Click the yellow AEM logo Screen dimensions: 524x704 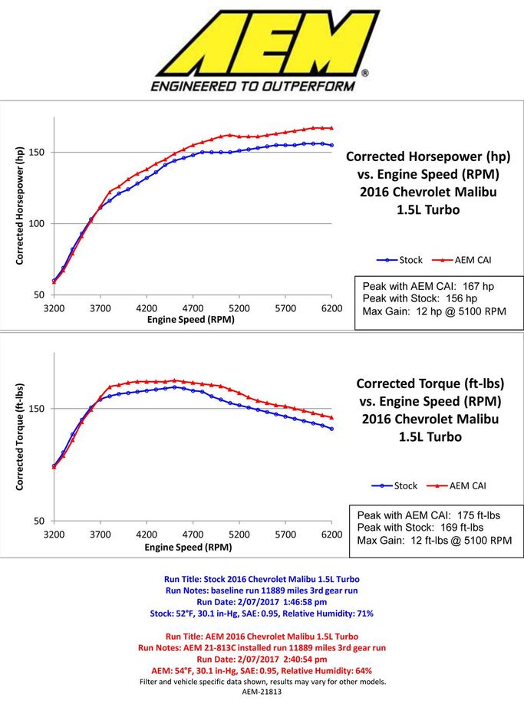point(268,43)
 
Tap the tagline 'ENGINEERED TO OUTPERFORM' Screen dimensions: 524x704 point(253,86)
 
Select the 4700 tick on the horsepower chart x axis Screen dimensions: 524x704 point(193,308)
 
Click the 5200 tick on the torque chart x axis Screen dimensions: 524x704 point(239,535)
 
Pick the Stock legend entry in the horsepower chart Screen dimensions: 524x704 point(400,260)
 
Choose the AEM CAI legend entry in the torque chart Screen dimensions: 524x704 point(456,485)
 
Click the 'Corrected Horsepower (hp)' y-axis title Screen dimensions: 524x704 point(19,206)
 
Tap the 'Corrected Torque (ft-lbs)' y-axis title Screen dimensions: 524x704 point(19,437)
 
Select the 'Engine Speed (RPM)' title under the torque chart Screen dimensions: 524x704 point(188,548)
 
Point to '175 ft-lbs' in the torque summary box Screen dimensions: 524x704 point(479,515)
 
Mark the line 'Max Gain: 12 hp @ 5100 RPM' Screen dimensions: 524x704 point(434,311)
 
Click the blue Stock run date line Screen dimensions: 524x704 point(262,602)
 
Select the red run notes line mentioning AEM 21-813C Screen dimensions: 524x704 point(262,648)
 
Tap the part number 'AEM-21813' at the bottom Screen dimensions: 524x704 point(262,692)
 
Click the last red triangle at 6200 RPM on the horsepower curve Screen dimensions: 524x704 point(332,128)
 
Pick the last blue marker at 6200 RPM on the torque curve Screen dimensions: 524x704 point(332,429)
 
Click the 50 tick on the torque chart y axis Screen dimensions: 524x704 point(39,521)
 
